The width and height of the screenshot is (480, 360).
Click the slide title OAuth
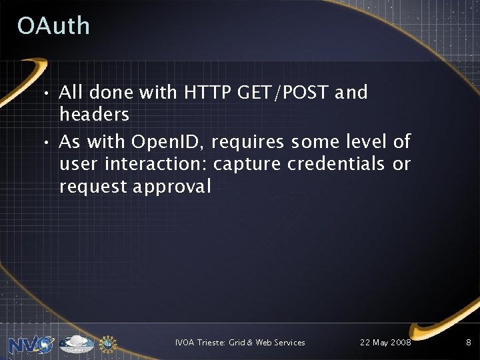[x=53, y=26]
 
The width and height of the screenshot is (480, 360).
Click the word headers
[x=94, y=114]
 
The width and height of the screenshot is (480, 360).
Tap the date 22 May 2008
[x=385, y=343]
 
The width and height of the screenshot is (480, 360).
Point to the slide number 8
[x=467, y=343]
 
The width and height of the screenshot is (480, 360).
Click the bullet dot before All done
[x=49, y=93]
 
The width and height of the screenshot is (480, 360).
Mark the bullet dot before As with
[x=49, y=142]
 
